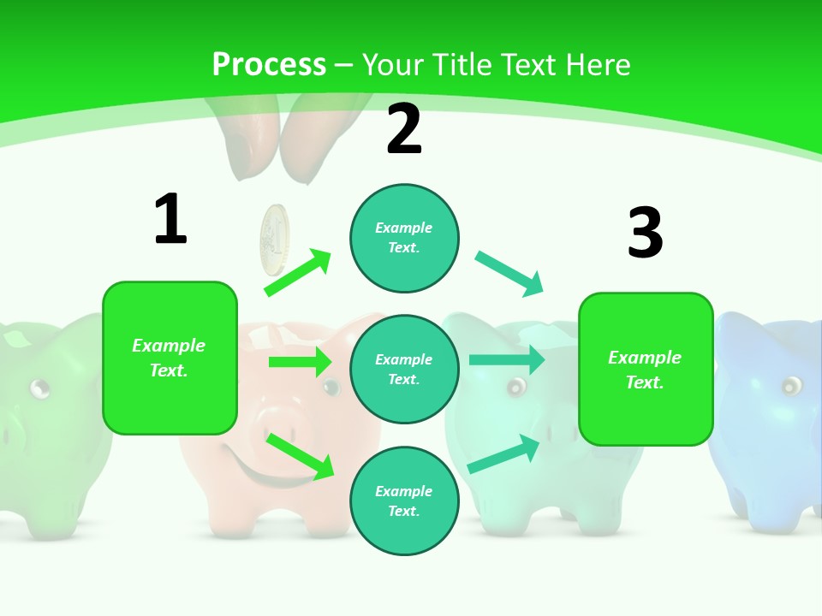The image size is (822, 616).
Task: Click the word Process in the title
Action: point(269,65)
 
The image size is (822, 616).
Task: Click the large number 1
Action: point(170,219)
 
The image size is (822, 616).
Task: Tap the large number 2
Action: point(404,129)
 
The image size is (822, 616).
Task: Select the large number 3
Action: point(645,233)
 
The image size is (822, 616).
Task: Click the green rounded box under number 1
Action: point(170,358)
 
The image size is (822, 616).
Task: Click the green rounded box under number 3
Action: point(646,369)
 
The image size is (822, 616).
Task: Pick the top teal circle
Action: point(404,238)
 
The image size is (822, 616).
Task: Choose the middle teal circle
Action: point(404,370)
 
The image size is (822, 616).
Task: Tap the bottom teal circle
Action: point(404,500)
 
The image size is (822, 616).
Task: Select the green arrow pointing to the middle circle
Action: point(300,362)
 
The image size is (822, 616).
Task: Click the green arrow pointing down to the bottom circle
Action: point(300,456)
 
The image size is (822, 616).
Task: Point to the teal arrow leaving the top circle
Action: point(509,274)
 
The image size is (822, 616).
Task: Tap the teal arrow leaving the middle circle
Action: point(506,360)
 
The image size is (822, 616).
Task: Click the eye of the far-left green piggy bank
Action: point(39,388)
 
